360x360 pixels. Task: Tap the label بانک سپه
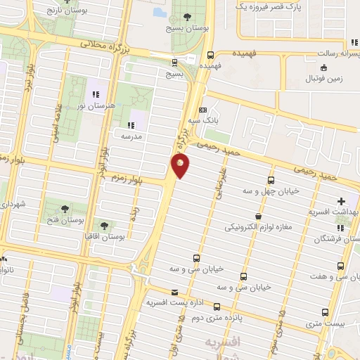pyautogui.click(x=202, y=120)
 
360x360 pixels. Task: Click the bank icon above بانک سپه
pyautogui.click(x=202, y=110)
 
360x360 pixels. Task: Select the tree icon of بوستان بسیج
pyautogui.click(x=187, y=18)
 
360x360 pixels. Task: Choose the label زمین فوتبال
pyautogui.click(x=324, y=79)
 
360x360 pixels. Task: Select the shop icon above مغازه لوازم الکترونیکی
pyautogui.click(x=259, y=217)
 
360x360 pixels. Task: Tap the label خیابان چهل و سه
pyautogui.click(x=271, y=191)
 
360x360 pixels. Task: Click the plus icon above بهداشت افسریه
pyautogui.click(x=342, y=201)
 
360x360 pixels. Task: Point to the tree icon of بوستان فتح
pyautogui.click(x=65, y=209)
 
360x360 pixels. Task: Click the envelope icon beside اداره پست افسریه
pyautogui.click(x=174, y=292)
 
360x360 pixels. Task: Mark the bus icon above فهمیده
pyautogui.click(x=210, y=55)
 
